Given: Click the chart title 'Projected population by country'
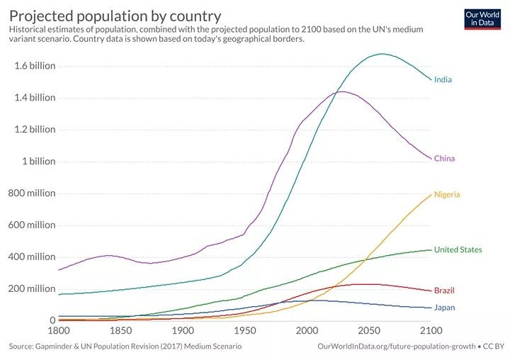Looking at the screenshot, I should (115, 15).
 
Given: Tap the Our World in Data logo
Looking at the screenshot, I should (482, 18).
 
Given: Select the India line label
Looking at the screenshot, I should (443, 79).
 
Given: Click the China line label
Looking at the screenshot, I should (444, 158).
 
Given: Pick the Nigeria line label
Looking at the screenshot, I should (447, 194).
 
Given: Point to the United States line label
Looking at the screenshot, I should (458, 249).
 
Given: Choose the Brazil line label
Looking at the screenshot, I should (444, 291).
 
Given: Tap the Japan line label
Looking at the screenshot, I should (444, 308).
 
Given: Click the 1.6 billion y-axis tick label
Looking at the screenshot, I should (35, 66).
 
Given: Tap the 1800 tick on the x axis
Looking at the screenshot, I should (58, 331).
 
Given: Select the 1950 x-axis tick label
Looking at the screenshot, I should (244, 331).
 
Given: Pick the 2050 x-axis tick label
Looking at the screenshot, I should (368, 331).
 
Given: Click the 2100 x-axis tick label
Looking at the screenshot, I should (430, 331).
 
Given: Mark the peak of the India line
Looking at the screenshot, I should (382, 54).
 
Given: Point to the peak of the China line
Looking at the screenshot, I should (341, 91).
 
